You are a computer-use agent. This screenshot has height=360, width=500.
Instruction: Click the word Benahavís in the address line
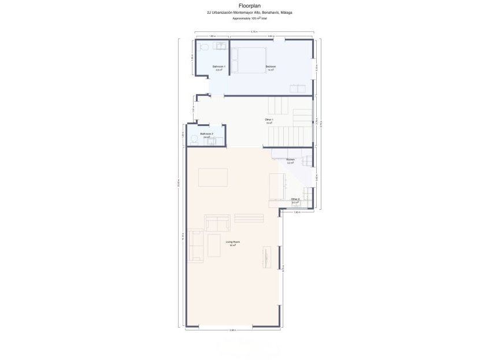(272, 12)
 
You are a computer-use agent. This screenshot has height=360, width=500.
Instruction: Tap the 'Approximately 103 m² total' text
(250, 18)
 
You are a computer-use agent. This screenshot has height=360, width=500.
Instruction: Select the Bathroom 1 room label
(218, 67)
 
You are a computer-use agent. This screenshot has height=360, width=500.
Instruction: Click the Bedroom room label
(271, 67)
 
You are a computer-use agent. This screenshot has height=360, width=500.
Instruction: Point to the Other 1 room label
(269, 120)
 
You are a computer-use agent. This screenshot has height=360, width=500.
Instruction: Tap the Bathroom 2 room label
(206, 134)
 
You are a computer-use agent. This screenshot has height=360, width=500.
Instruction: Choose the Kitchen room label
(290, 160)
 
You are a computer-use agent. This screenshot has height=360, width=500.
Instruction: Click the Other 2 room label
(295, 200)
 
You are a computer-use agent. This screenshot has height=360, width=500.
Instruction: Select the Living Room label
(232, 243)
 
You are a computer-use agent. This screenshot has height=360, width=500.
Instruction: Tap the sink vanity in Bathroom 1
(220, 45)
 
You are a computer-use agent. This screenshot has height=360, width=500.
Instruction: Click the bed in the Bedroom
(249, 60)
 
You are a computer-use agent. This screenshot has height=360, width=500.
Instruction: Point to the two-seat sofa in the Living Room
(217, 224)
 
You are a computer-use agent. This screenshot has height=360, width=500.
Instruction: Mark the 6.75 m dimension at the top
(254, 32)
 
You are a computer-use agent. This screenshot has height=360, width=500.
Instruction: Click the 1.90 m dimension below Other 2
(297, 212)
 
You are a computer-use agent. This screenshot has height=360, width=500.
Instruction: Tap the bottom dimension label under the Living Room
(232, 330)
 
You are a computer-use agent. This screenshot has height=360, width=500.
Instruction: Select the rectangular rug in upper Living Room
(213, 177)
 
